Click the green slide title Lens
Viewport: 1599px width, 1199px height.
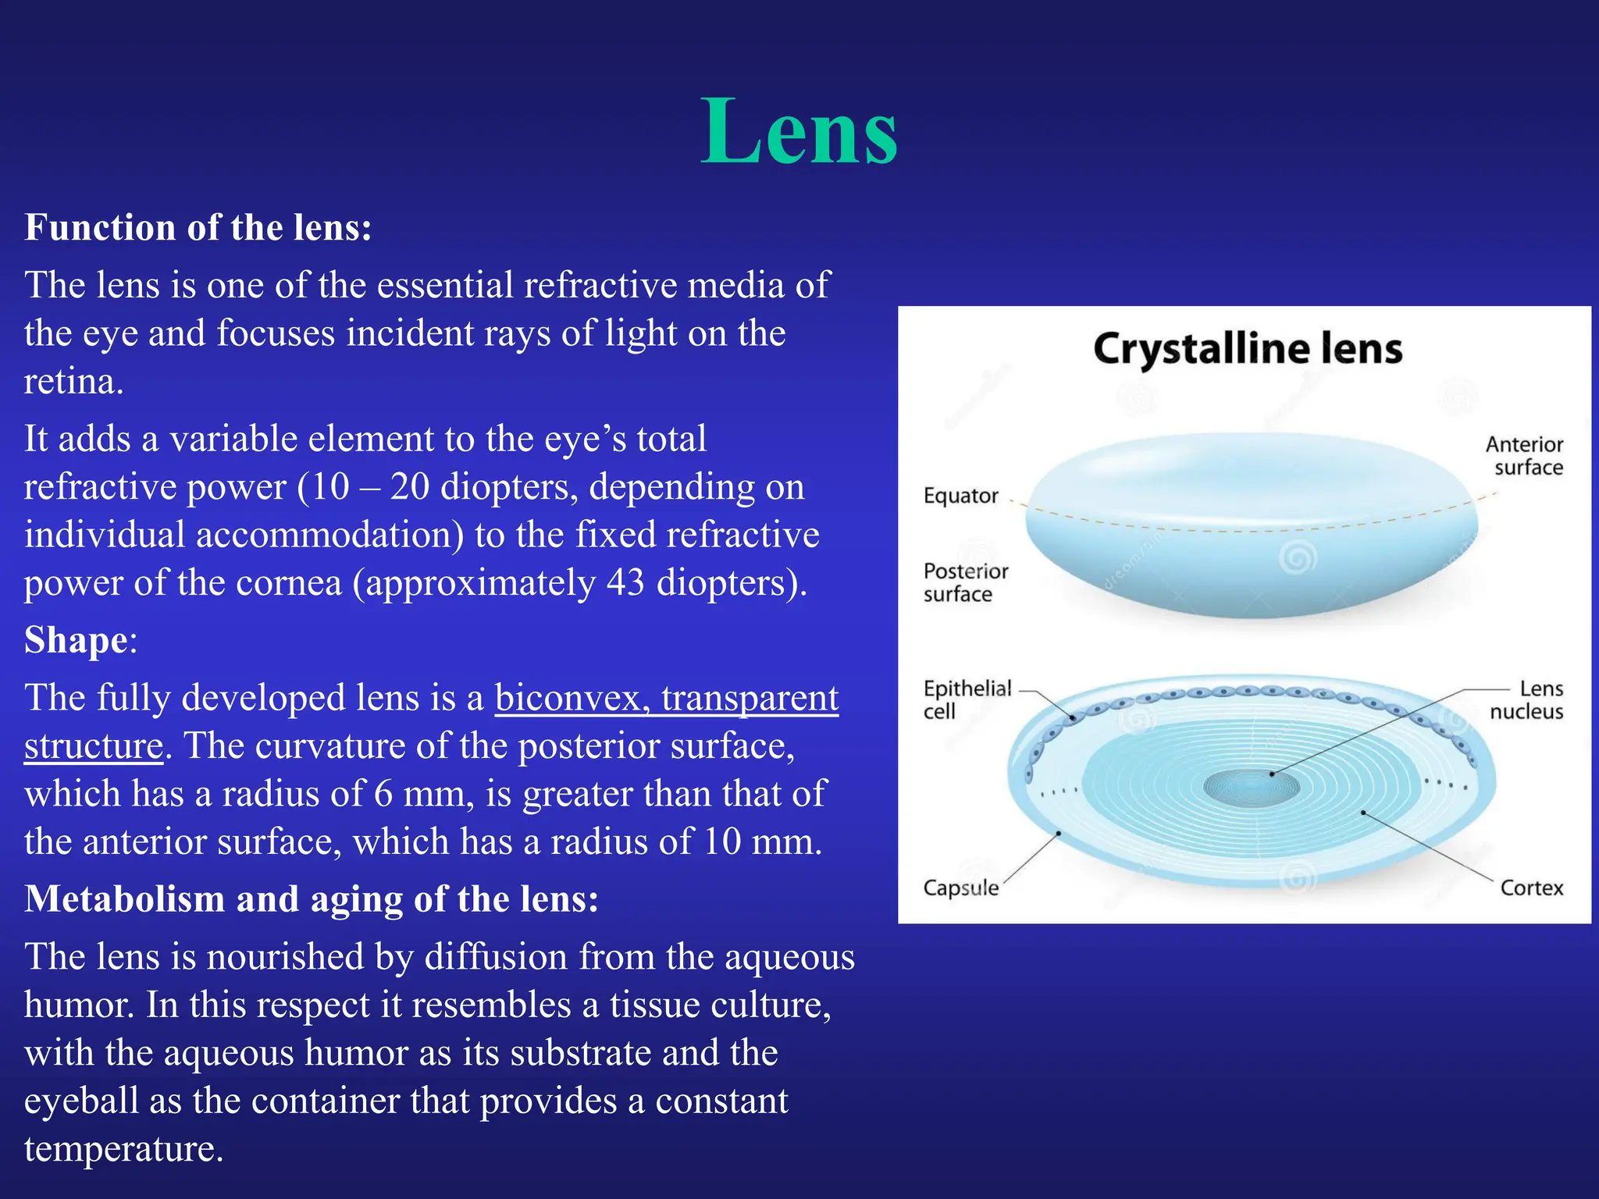(x=799, y=131)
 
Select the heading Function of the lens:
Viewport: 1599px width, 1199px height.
(x=198, y=228)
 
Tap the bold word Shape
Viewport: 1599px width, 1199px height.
(x=76, y=640)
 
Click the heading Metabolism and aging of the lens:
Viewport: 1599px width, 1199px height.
(x=312, y=899)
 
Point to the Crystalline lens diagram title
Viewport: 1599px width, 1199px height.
(x=1247, y=349)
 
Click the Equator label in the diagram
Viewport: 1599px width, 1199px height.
(x=960, y=496)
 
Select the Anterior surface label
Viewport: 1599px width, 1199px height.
(x=1523, y=456)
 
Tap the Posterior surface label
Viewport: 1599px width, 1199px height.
(x=965, y=582)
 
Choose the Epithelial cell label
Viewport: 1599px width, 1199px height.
(x=967, y=699)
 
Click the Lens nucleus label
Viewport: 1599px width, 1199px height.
(x=1526, y=700)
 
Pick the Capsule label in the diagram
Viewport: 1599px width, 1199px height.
(x=960, y=888)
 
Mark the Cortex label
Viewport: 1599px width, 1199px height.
(x=1531, y=888)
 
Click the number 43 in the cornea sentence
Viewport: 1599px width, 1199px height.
(x=625, y=583)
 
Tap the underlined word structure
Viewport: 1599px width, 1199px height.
(x=94, y=746)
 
